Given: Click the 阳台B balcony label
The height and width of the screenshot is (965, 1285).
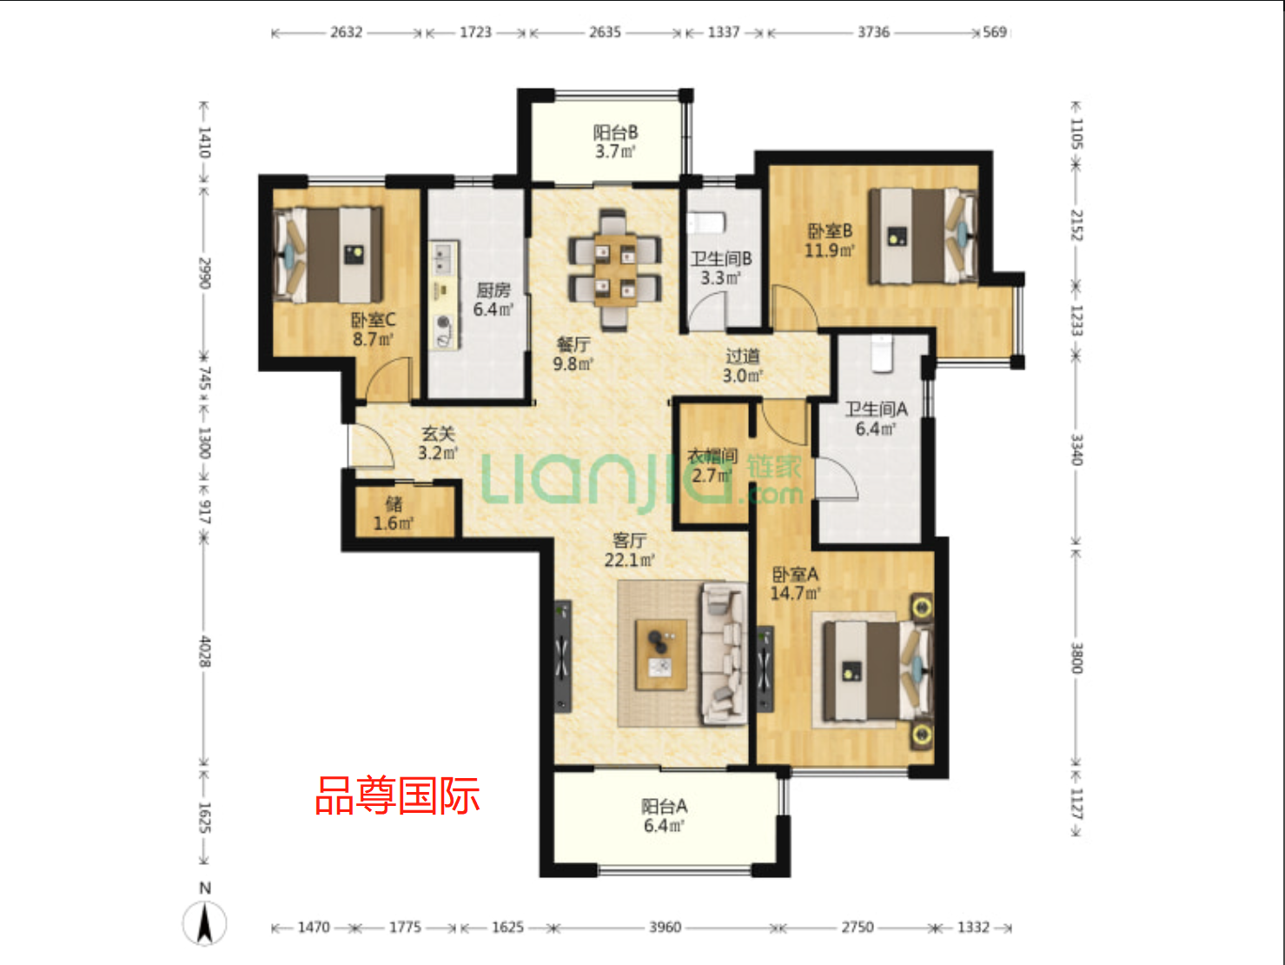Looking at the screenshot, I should pos(615,142).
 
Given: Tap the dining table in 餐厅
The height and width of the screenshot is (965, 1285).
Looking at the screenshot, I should pos(615,269).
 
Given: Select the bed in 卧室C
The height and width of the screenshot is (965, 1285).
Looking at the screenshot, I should pos(328,254).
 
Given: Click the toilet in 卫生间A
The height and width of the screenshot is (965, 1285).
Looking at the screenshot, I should pos(882,353).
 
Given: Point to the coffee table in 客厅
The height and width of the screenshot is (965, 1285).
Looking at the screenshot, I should pos(661,654).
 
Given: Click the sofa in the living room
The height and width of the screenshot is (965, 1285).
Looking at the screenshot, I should pos(723,654).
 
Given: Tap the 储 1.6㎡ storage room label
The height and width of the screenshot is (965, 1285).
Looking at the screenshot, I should pos(394,513).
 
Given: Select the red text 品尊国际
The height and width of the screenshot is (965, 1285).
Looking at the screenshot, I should pos(397,795).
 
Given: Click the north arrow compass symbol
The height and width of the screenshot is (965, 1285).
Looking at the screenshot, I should pos(205,922).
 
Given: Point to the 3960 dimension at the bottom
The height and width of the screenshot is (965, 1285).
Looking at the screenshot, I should pos(665,928).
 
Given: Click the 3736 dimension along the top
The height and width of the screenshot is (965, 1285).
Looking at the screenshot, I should pos(873,32).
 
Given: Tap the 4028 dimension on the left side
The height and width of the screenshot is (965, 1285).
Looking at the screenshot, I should pos(204,651).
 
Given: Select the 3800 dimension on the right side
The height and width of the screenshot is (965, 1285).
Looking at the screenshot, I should pos(1076,657).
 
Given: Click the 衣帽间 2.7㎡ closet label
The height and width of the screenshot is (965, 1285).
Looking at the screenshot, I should pos(712,465).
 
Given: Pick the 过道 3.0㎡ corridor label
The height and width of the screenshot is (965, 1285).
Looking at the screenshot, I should pos(743,365).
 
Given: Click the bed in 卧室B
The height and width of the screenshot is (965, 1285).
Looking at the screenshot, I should pos(923,236).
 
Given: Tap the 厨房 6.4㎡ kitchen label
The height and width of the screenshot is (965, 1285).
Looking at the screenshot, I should pos(493,299).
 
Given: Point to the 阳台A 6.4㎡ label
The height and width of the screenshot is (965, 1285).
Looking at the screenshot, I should pos(665,815).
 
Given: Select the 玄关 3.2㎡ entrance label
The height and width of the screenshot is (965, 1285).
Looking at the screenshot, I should pos(438,443).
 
